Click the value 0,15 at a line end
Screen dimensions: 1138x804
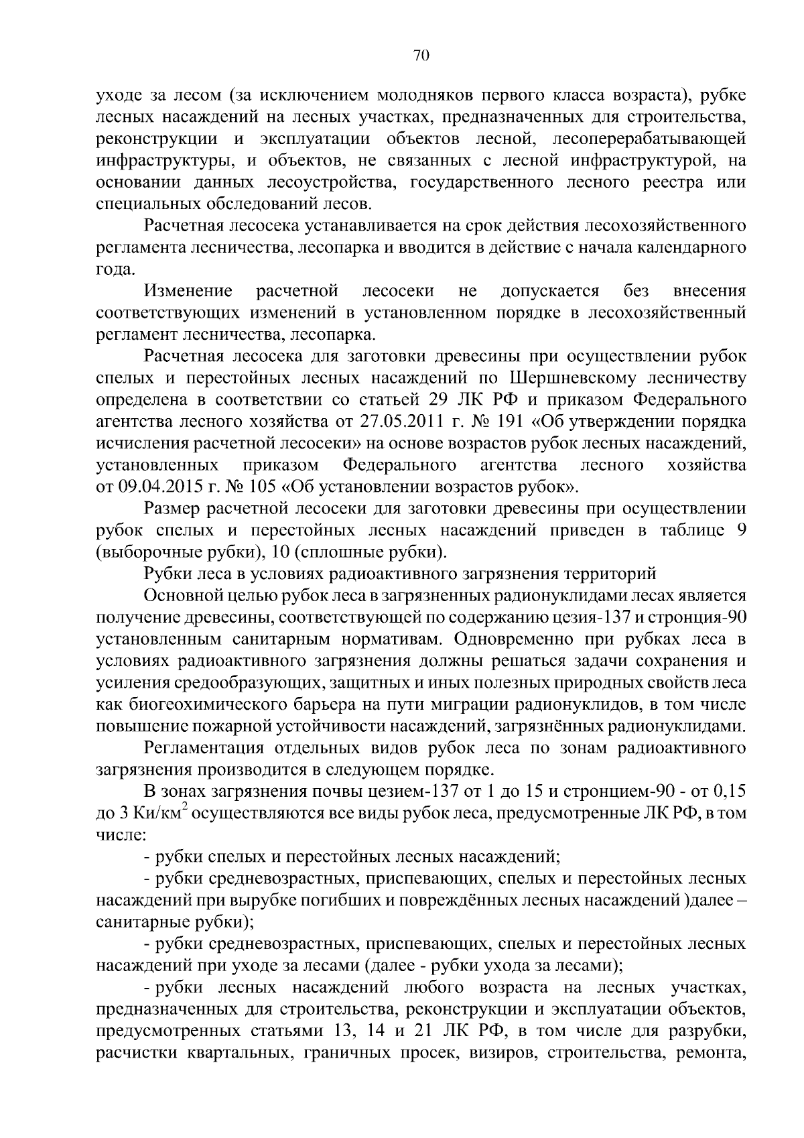730,792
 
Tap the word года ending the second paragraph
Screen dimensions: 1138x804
115,269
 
